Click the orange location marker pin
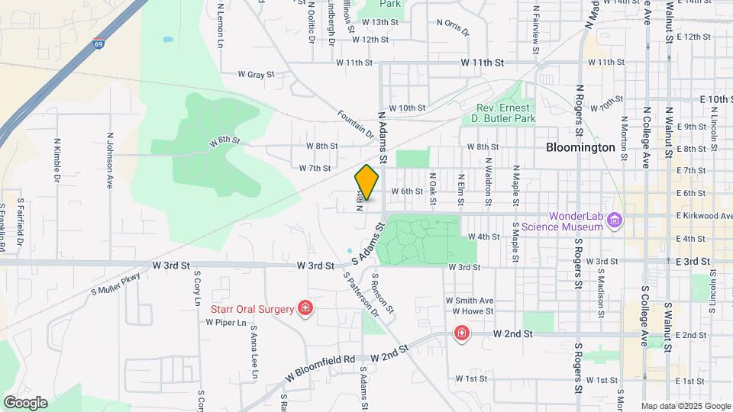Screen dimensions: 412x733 click(x=367, y=182)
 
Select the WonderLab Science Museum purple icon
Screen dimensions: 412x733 click(x=616, y=221)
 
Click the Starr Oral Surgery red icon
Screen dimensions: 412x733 click(x=305, y=308)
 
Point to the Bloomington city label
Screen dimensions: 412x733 click(x=581, y=147)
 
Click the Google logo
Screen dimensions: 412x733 click(x=25, y=402)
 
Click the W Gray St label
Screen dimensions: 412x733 click(x=255, y=75)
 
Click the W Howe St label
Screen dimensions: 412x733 click(x=473, y=311)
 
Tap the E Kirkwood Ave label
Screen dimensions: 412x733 click(x=704, y=216)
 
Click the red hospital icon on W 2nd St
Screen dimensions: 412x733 click(x=461, y=333)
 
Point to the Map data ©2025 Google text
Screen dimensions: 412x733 click(x=685, y=406)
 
